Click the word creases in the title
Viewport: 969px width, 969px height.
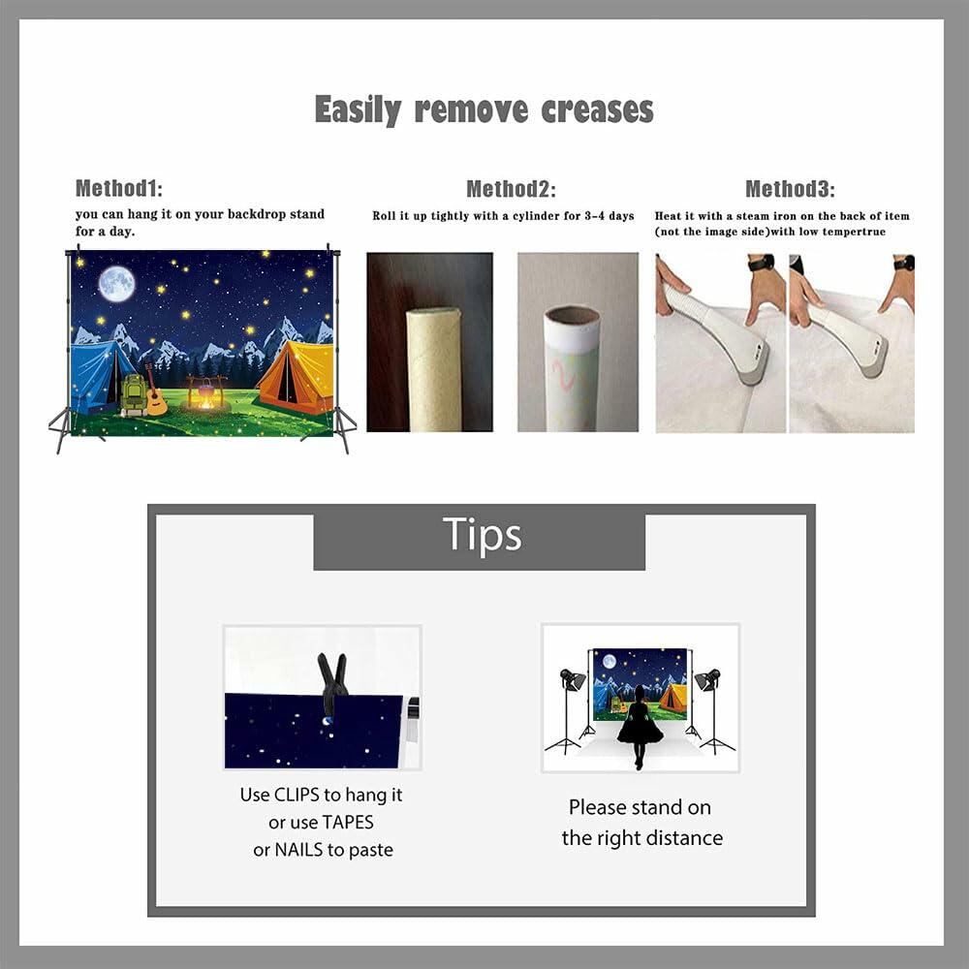[x=597, y=110]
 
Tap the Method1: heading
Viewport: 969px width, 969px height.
[x=119, y=189]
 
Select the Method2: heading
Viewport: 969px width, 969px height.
[x=511, y=189]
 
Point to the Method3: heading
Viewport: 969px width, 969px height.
[x=790, y=189]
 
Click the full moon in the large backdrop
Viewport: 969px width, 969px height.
[x=117, y=284]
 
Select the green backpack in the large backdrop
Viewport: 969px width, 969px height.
[x=134, y=395]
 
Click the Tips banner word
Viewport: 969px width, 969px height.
[x=482, y=535]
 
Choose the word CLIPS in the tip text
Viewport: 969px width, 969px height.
[x=297, y=795]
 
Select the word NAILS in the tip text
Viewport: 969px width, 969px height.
[x=299, y=850]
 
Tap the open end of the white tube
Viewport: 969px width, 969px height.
[x=572, y=317]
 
